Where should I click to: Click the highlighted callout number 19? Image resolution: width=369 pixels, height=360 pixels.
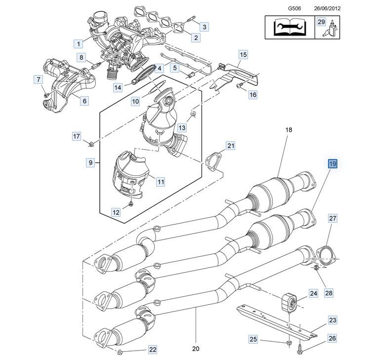coord(332,163)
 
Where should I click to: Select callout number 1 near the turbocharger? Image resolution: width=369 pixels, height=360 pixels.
coord(79,44)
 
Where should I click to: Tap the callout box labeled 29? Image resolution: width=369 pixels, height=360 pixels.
coord(321,22)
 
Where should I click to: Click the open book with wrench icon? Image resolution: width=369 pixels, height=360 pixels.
coord(290,27)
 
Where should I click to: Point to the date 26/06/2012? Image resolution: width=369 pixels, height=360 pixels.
coord(327,8)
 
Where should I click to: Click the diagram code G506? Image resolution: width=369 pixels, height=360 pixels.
coord(294,8)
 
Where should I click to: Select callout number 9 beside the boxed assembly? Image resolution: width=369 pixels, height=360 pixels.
coord(90,162)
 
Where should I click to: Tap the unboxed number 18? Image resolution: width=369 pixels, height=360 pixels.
coord(289,130)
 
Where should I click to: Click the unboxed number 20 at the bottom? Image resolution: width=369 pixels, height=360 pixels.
coord(196,349)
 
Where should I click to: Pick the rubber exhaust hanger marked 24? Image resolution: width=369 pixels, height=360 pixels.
coord(289,303)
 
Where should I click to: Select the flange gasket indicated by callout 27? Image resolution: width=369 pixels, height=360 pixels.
coord(326,257)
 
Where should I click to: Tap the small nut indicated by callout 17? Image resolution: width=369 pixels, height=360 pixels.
coord(91,144)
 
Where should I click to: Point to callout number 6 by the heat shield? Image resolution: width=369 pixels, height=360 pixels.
coord(84,101)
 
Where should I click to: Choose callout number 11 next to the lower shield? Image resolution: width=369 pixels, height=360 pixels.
coord(161,182)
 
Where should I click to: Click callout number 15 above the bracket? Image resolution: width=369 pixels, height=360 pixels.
coord(243,55)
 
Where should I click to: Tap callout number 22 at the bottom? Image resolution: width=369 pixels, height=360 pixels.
coord(153,350)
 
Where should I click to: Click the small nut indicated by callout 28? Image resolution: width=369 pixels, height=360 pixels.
coord(316,267)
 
